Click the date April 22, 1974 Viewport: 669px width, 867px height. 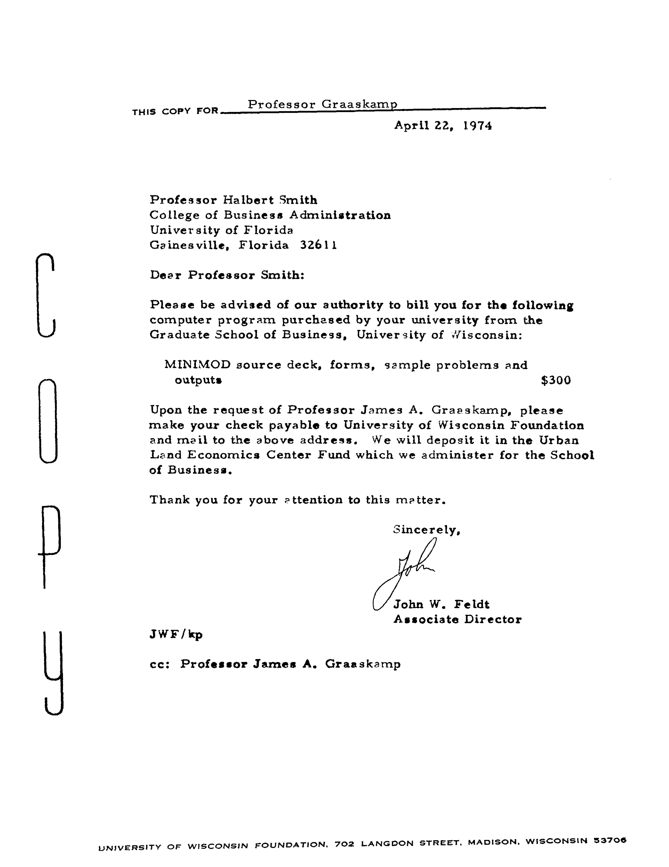click(x=443, y=126)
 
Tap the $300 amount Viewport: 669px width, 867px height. click(x=556, y=380)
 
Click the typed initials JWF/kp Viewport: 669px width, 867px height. click(x=176, y=634)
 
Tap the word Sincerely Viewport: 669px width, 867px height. click(x=426, y=530)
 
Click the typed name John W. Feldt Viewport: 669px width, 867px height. click(x=441, y=604)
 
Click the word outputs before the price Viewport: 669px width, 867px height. click(x=198, y=380)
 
